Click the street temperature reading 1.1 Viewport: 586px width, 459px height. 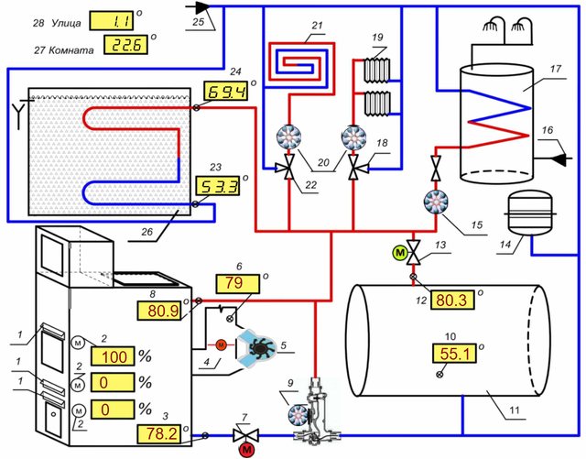coord(122,19)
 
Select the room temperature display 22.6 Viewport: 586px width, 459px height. coord(125,43)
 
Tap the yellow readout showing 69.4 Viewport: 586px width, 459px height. coord(223,93)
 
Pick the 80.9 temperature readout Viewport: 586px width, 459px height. coord(159,310)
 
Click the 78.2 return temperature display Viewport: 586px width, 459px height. coord(159,433)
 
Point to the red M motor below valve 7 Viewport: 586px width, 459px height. coord(246,449)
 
